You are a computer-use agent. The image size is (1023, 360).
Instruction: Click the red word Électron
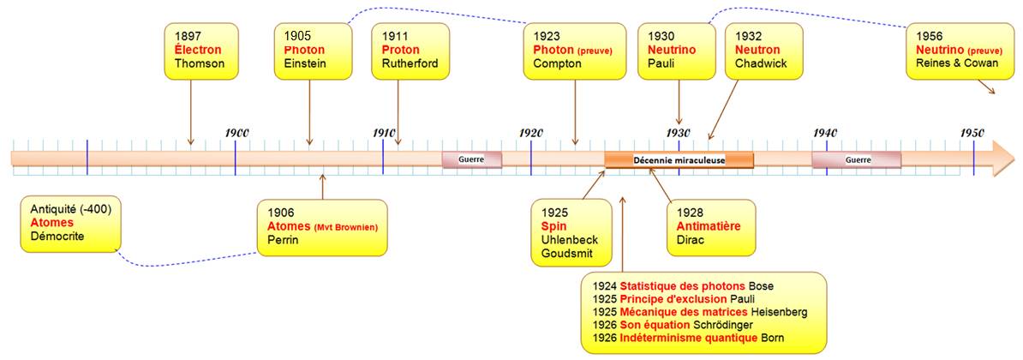(x=198, y=51)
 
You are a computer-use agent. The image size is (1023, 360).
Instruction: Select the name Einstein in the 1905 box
(x=305, y=64)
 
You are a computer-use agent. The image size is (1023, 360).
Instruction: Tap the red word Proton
(x=401, y=51)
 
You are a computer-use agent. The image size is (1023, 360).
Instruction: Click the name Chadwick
(x=761, y=64)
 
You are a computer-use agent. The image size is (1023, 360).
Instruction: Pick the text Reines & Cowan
(x=948, y=63)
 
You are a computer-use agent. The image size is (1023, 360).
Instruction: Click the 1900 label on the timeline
(x=236, y=132)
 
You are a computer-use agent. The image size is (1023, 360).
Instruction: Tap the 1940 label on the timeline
(x=825, y=132)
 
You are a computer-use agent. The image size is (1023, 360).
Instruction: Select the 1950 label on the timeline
(x=972, y=132)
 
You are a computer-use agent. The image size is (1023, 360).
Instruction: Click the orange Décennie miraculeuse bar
(x=679, y=159)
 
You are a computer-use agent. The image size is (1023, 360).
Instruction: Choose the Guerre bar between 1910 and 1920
(x=472, y=159)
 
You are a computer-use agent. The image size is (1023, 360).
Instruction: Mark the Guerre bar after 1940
(x=857, y=159)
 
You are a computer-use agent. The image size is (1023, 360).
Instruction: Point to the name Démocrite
(x=57, y=236)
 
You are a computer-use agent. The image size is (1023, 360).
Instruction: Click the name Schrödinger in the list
(x=724, y=325)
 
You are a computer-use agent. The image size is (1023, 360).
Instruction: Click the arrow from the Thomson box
(x=190, y=112)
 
